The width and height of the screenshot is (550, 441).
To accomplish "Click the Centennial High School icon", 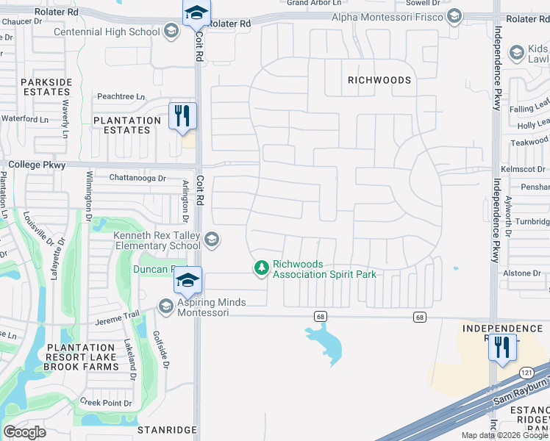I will [x=171, y=31].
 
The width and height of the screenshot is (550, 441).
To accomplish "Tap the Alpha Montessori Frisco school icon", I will [x=454, y=16].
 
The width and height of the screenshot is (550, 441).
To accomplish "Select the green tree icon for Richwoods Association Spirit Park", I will [x=260, y=269].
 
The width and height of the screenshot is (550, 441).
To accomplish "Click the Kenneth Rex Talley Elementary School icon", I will [x=212, y=240].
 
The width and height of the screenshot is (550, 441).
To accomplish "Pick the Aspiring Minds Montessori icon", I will [x=165, y=306].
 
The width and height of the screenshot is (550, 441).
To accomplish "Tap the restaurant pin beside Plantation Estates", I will [x=183, y=116].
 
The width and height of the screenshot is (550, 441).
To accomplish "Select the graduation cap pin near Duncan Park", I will [x=187, y=281].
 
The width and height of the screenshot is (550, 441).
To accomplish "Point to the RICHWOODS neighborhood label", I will [x=379, y=79].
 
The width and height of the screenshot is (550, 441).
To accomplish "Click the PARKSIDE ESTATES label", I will [x=46, y=87].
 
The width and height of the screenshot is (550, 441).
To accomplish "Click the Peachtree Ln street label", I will [x=121, y=96].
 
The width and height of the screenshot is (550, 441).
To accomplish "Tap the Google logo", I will [x=24, y=432].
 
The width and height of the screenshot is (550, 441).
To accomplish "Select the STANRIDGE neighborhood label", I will [x=167, y=429].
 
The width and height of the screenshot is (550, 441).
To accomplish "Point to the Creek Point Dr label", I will [x=106, y=403].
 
